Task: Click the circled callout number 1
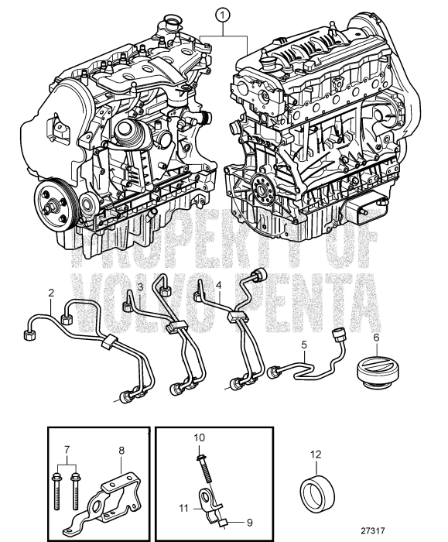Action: coord(223,15)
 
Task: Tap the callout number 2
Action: coord(51,293)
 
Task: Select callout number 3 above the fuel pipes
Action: coord(140,286)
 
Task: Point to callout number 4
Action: coord(218,285)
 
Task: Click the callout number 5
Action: coord(304,345)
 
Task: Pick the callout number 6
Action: coord(376,337)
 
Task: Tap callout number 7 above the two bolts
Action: coord(67,450)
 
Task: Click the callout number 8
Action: coord(121,451)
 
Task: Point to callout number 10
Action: coord(200,437)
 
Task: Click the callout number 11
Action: coord(183,509)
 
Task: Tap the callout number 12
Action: coord(316,455)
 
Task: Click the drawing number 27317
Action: coord(373,530)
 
